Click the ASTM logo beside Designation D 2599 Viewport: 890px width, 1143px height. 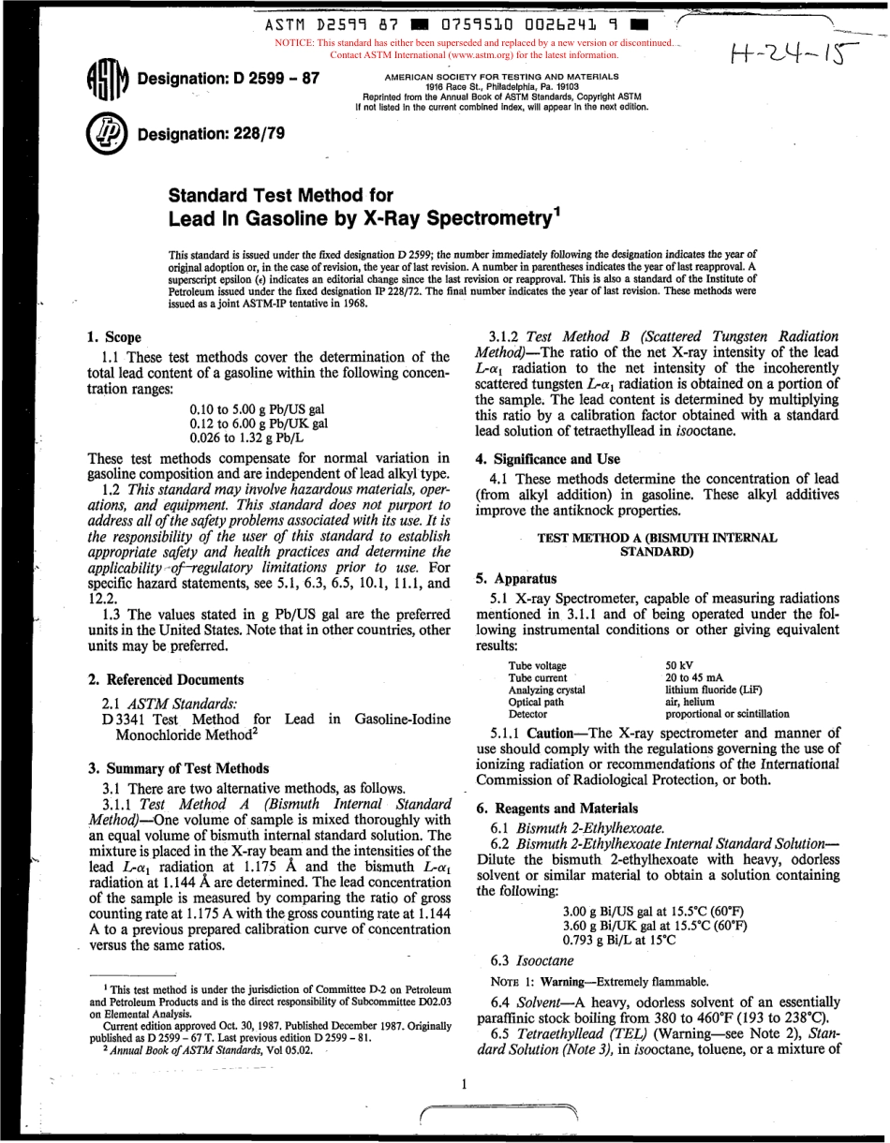click(x=106, y=82)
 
